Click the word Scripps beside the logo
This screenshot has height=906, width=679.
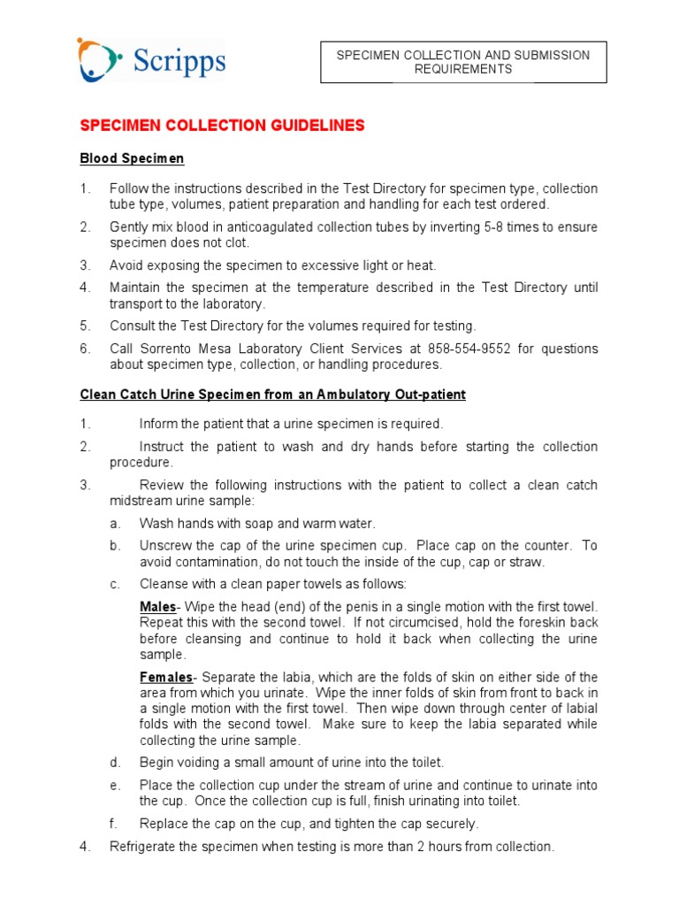tap(179, 63)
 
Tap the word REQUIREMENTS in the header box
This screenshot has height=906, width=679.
tap(463, 69)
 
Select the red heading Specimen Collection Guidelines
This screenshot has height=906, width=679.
tap(222, 126)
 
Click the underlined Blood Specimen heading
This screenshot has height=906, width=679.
tap(132, 158)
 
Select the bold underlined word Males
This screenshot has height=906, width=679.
tap(158, 607)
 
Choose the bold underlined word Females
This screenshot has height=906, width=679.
tap(165, 677)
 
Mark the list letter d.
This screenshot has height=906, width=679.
tap(114, 763)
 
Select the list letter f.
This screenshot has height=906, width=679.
tap(113, 824)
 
